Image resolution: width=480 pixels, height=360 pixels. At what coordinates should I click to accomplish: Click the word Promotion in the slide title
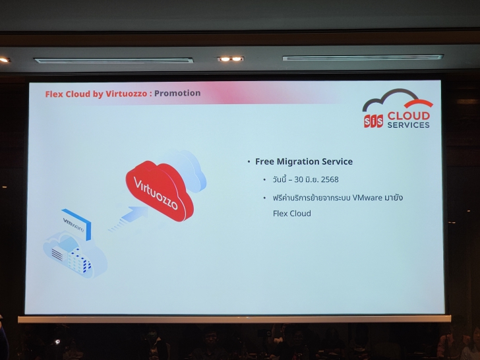pos(177,94)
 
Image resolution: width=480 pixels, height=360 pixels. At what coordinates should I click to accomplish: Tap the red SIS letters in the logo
pos(373,121)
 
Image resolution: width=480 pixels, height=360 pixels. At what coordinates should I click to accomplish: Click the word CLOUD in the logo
pos(409,116)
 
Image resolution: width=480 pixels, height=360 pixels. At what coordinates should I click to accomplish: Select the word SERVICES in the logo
pos(409,125)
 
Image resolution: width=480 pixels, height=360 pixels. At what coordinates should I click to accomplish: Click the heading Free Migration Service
pos(304,162)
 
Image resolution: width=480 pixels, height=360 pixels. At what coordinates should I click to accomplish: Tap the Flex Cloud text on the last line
pos(291,214)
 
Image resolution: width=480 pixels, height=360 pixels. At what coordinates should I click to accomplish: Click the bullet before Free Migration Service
pos(249,162)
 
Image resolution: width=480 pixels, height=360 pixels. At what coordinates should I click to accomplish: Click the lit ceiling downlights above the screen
pos(230,59)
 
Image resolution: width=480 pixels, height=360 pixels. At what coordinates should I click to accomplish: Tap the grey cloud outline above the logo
pos(389,100)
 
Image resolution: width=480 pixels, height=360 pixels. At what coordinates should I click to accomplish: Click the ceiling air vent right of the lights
pos(362,58)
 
